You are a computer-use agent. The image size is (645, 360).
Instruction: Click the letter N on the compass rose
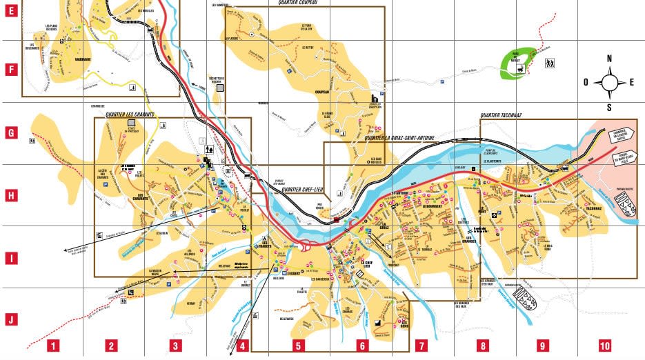pos(610,59)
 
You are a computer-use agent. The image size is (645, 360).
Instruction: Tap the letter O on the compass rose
pos(586,82)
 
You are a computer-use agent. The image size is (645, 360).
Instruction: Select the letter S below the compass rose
pos(610,107)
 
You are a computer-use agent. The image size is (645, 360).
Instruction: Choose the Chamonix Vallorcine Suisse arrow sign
pos(626,134)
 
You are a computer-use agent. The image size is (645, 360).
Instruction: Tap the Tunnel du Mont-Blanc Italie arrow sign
pos(628,159)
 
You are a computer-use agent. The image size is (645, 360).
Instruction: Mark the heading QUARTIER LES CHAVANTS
pos(129,114)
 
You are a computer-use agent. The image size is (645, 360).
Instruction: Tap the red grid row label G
pos(10,131)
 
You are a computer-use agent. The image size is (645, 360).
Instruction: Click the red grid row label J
pos(10,319)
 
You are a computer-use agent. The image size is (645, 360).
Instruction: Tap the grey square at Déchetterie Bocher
pos(220,88)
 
